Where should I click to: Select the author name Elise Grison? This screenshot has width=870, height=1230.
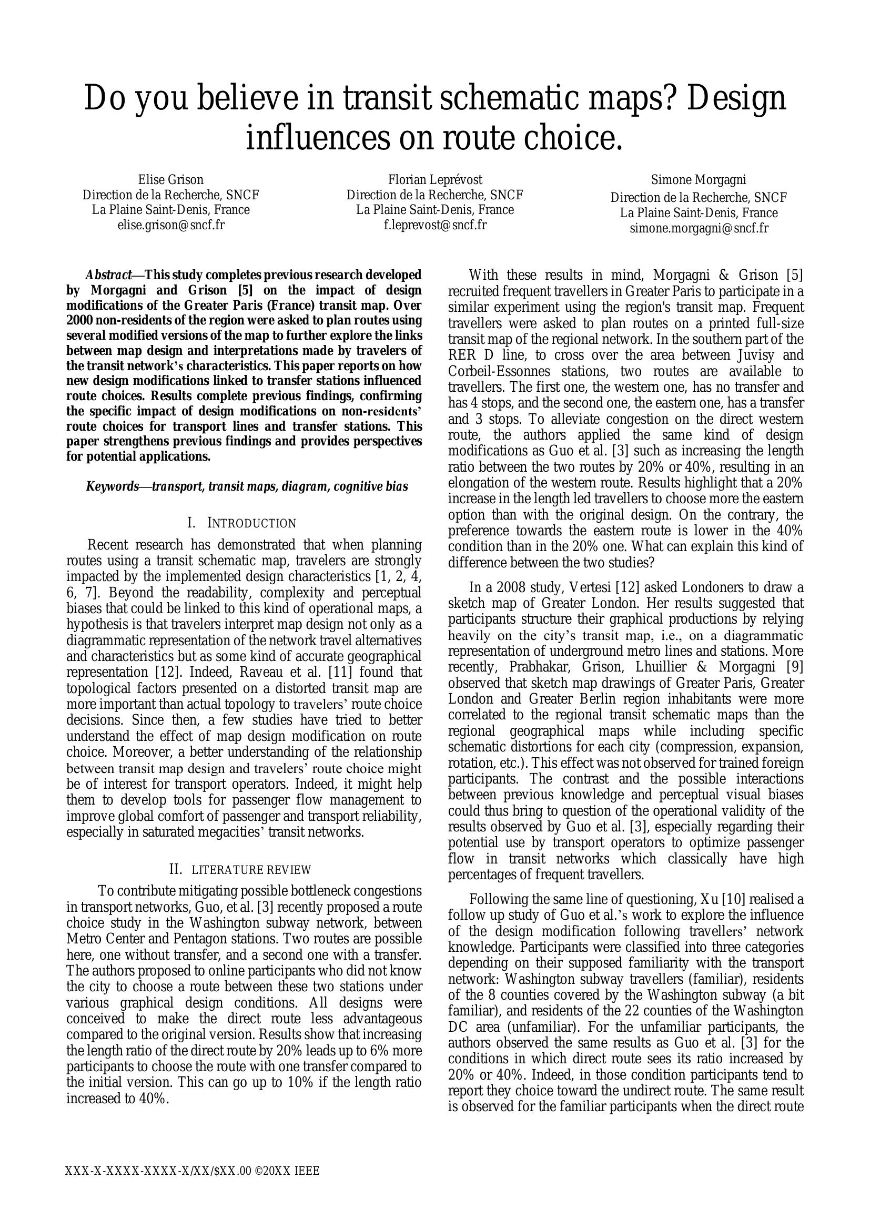(x=170, y=179)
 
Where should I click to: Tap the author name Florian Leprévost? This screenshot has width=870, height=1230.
(x=435, y=179)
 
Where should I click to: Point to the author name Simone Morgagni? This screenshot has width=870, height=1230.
(x=699, y=179)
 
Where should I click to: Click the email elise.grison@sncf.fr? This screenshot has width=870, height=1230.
(x=170, y=225)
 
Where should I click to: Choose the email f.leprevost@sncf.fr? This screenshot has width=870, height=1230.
(x=435, y=225)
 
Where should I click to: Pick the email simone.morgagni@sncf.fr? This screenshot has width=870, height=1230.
(x=699, y=228)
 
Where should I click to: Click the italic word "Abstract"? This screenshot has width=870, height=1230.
(x=108, y=276)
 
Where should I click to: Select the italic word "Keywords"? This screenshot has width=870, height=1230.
(x=112, y=486)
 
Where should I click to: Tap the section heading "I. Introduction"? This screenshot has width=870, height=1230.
(x=241, y=523)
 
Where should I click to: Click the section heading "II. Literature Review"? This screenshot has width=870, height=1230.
(x=240, y=869)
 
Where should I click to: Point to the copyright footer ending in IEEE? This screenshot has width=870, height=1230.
(x=193, y=1171)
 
